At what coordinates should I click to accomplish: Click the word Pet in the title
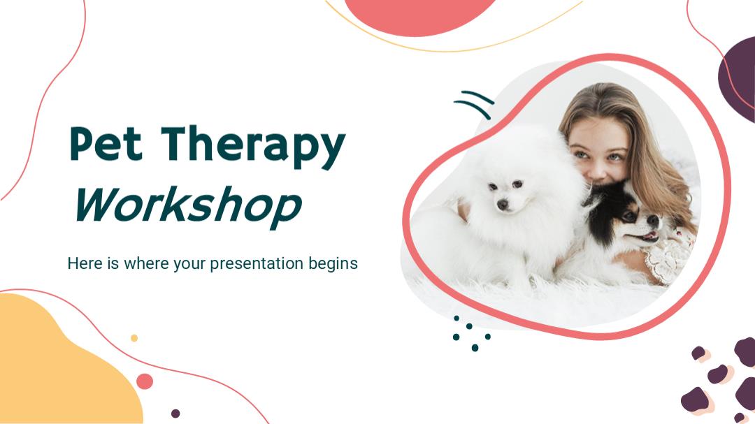106,143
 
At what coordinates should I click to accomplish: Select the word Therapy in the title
253,147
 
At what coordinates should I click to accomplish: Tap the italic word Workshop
188,207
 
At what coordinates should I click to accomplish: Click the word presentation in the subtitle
256,264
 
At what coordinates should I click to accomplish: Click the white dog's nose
503,205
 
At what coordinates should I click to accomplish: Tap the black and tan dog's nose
653,221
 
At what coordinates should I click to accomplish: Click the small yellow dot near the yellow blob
134,338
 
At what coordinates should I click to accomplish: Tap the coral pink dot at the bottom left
145,381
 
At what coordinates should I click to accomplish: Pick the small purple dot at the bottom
175,414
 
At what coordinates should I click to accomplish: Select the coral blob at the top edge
419,15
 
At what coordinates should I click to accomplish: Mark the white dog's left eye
517,184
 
